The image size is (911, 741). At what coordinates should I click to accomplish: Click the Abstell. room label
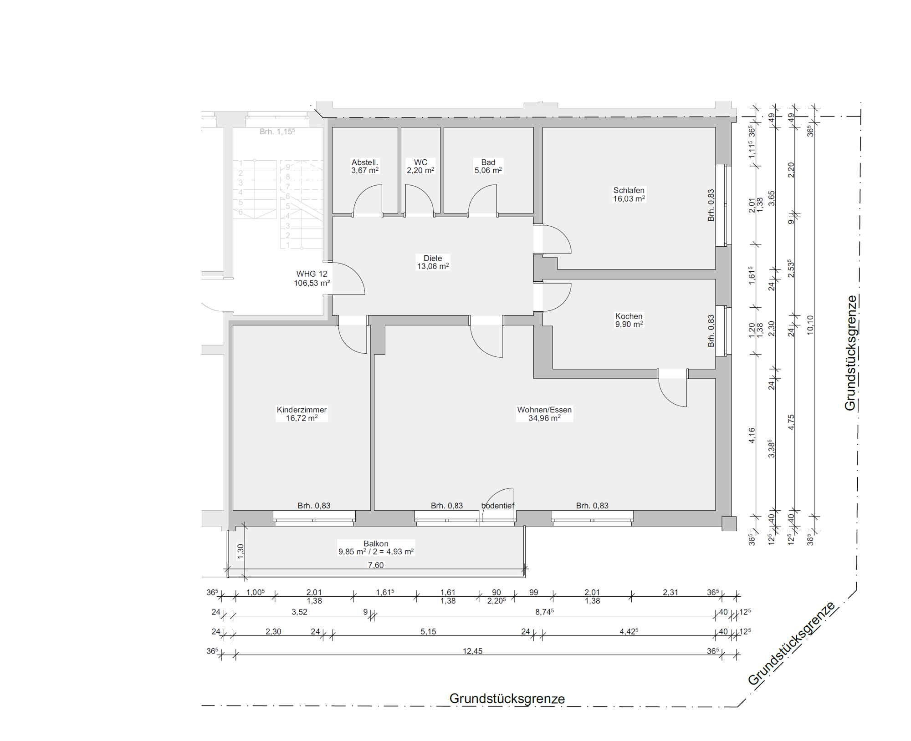pyautogui.click(x=364, y=162)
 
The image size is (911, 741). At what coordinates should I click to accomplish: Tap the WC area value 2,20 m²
pyautogui.click(x=420, y=170)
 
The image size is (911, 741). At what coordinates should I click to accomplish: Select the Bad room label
pyautogui.click(x=488, y=162)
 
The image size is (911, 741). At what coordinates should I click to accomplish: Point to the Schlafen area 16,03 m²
pyautogui.click(x=629, y=199)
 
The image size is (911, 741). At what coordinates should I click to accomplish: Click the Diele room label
pyautogui.click(x=433, y=258)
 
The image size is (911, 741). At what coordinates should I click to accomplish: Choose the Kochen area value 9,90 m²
pyautogui.click(x=629, y=324)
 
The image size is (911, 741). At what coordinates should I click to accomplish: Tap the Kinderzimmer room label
pyautogui.click(x=302, y=410)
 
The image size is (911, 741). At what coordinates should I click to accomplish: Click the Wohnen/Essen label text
pyautogui.click(x=544, y=410)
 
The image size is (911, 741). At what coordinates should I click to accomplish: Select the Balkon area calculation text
pyautogui.click(x=376, y=552)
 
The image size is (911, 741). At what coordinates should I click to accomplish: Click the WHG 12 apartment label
pyautogui.click(x=312, y=274)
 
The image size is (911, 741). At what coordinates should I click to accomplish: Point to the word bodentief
pyautogui.click(x=497, y=506)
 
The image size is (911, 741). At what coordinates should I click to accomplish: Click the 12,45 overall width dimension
pyautogui.click(x=472, y=651)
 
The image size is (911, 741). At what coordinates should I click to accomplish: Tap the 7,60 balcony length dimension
pyautogui.click(x=376, y=565)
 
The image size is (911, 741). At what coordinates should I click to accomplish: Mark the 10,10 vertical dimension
pyautogui.click(x=810, y=325)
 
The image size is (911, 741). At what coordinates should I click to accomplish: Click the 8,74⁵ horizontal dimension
pyautogui.click(x=544, y=612)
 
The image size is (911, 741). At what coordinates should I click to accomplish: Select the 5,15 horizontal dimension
pyautogui.click(x=428, y=632)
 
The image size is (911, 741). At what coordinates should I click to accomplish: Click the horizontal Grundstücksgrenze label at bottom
pyautogui.click(x=507, y=699)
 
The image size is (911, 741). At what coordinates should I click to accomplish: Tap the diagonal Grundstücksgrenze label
pyautogui.click(x=792, y=643)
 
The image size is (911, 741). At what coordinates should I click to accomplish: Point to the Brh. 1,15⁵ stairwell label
pyautogui.click(x=277, y=132)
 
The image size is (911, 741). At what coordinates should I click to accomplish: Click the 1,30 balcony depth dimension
pyautogui.click(x=241, y=551)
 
